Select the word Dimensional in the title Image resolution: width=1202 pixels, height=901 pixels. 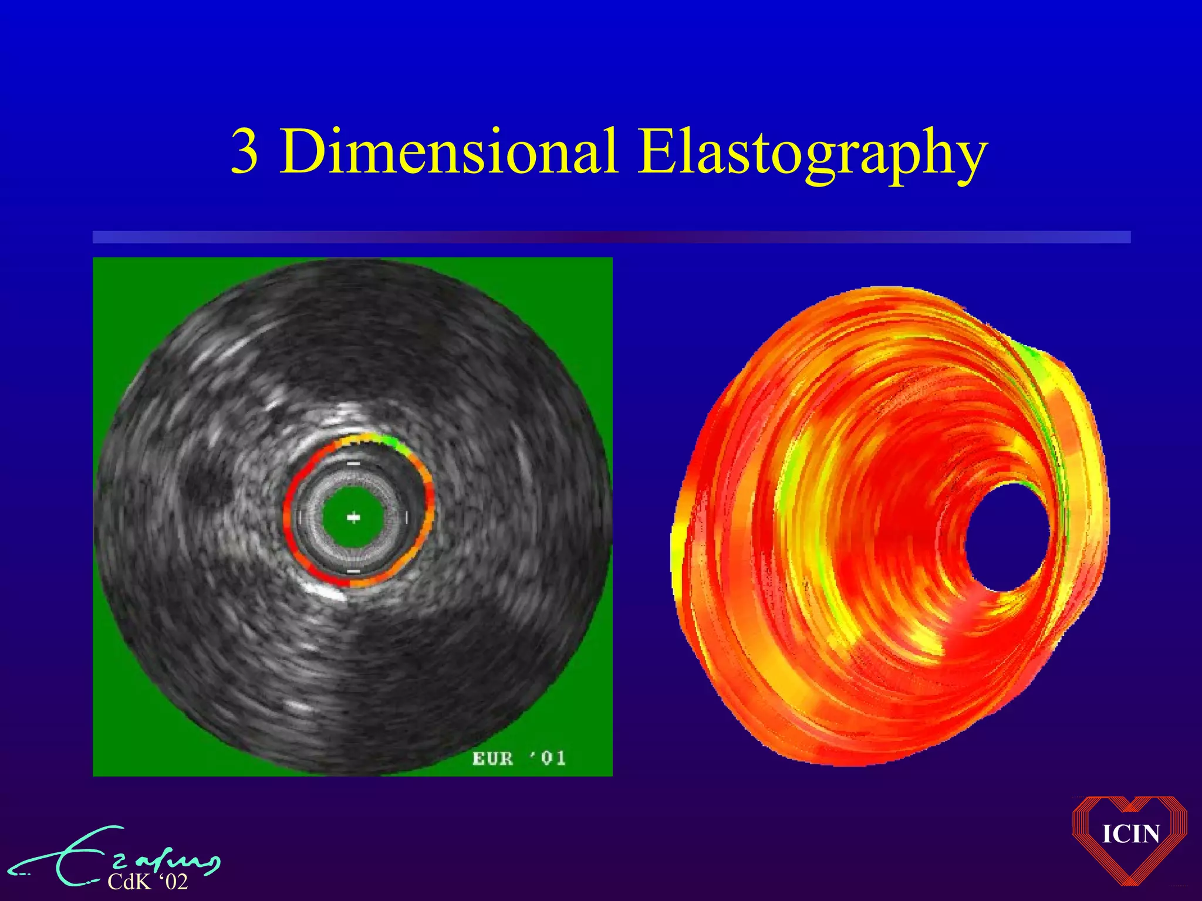tap(448, 152)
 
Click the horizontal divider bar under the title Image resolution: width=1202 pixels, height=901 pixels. tap(611, 237)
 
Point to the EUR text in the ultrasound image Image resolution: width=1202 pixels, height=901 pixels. tap(492, 758)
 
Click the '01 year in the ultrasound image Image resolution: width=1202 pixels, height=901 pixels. tap(548, 758)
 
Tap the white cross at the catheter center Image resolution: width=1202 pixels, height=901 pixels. tap(353, 517)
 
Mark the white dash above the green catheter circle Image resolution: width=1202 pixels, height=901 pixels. tap(353, 464)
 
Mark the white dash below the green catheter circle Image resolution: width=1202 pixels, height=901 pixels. tap(353, 571)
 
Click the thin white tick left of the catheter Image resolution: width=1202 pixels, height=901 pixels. tap(300, 517)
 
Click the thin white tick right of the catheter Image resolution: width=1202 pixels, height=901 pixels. tap(407, 517)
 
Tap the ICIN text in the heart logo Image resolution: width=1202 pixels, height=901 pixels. tap(1130, 834)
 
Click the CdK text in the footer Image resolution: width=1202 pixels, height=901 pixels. tap(129, 882)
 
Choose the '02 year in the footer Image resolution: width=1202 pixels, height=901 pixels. tap(174, 882)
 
